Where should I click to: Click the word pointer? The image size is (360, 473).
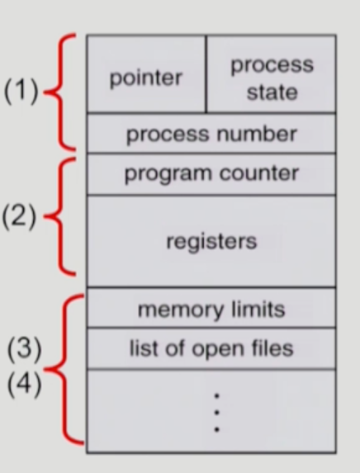pyautogui.click(x=146, y=79)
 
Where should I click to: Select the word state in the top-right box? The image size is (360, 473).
pyautogui.click(x=272, y=92)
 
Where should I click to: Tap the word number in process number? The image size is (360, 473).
pyautogui.click(x=257, y=134)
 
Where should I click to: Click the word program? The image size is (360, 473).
pyautogui.click(x=168, y=173)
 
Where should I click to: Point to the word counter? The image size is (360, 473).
pyautogui.click(x=259, y=173)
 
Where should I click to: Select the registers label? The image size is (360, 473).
pyautogui.click(x=211, y=242)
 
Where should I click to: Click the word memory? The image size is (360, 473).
pyautogui.click(x=181, y=310)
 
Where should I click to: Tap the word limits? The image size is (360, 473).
pyautogui.click(x=258, y=310)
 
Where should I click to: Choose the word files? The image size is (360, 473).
pyautogui.click(x=272, y=348)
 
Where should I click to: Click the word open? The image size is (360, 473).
pyautogui.click(x=219, y=350)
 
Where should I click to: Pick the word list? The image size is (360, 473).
pyautogui.click(x=144, y=348)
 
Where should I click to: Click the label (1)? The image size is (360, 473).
pyautogui.click(x=21, y=91)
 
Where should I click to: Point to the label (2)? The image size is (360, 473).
pyautogui.click(x=19, y=216)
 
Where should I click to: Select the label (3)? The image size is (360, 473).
pyautogui.click(x=25, y=349)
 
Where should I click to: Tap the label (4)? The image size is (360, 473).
pyautogui.click(x=25, y=385)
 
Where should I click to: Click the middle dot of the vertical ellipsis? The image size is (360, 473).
pyautogui.click(x=216, y=413)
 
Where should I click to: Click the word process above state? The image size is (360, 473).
pyautogui.click(x=272, y=65)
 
